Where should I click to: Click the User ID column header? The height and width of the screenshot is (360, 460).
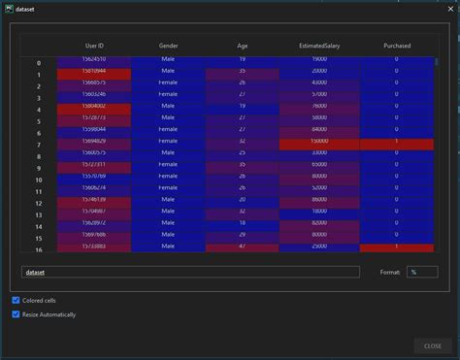[x=94, y=46]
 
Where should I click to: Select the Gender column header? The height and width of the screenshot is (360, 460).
[x=168, y=46]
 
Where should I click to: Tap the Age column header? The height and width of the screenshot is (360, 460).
[x=242, y=46]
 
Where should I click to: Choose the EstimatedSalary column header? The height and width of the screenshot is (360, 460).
[x=318, y=46]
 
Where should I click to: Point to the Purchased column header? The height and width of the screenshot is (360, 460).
[x=396, y=46]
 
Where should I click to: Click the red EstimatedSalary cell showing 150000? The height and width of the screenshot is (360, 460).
[x=318, y=142]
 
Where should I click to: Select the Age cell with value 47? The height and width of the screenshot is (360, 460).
[x=242, y=247]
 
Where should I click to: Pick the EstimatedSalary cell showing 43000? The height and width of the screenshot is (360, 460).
[x=318, y=82]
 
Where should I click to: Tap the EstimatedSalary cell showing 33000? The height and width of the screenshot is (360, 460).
[x=318, y=153]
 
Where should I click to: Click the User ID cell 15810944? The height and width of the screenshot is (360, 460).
[x=94, y=71]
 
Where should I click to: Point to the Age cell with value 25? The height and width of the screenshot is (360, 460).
[x=242, y=153]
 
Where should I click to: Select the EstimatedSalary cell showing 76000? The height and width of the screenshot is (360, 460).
[x=318, y=106]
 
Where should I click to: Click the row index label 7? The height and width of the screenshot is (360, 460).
[x=39, y=146]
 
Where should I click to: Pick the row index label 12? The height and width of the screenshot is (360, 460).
[x=39, y=204]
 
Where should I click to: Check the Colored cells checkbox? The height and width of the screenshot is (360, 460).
[x=16, y=300]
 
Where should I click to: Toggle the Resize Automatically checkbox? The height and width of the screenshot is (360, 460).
[x=16, y=314]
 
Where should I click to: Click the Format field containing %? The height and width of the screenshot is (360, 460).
[x=422, y=273]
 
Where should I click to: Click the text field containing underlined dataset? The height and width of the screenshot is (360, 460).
[x=190, y=273]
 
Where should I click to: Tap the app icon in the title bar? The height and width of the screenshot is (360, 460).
[x=8, y=8]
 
